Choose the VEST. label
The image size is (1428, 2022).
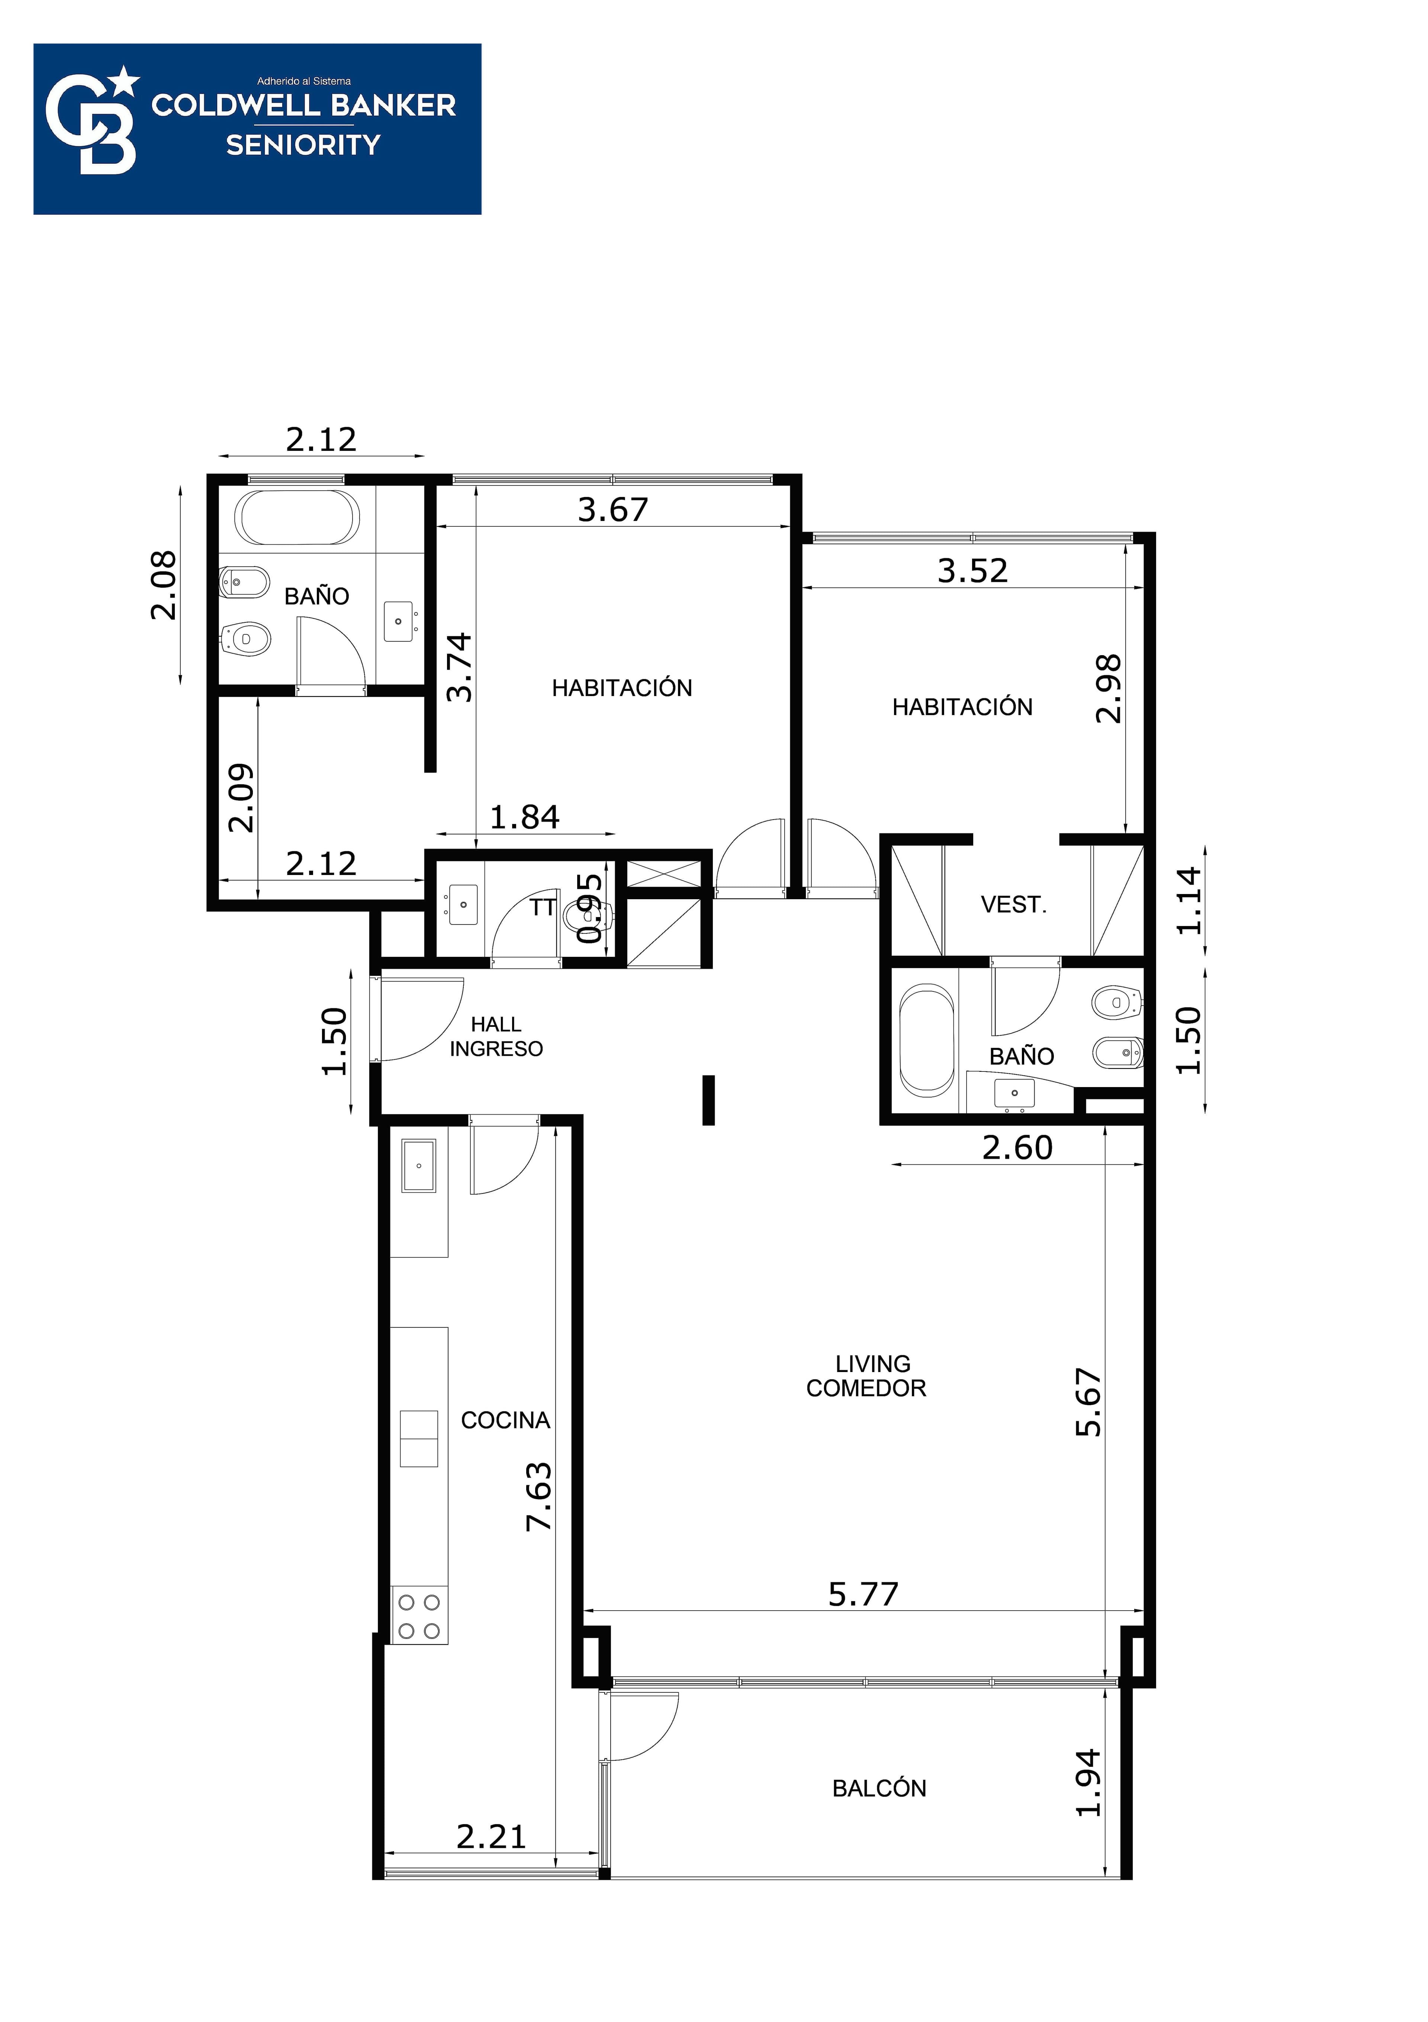[1013, 904]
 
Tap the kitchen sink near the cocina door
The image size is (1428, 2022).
[419, 1165]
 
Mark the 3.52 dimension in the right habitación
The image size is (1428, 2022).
[972, 571]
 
